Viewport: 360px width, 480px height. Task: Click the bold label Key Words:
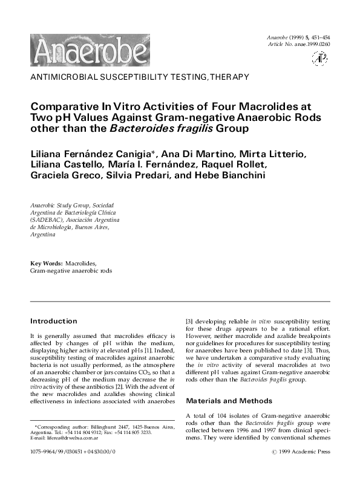47,264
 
